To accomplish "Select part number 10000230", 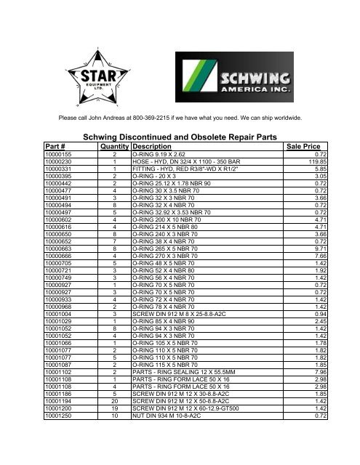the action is click(61, 161).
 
